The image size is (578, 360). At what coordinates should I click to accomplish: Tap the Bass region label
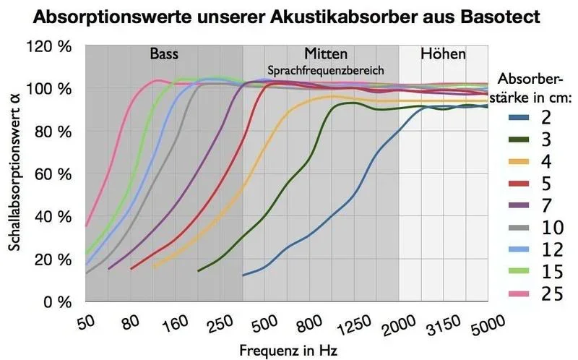point(164,54)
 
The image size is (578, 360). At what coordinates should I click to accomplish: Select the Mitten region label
point(326,54)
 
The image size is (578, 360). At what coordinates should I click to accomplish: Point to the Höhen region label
point(442,54)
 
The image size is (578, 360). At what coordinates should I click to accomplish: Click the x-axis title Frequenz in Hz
point(288,349)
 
